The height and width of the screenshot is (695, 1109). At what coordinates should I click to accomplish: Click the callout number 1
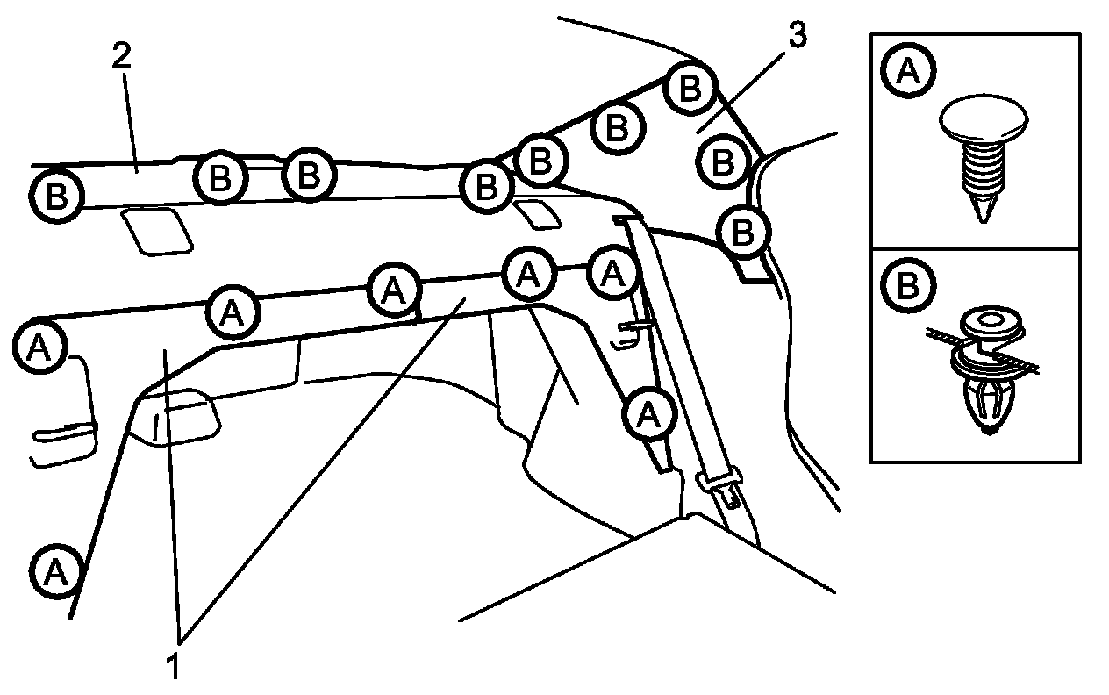(175, 664)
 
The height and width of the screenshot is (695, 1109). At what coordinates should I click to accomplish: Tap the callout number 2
(122, 55)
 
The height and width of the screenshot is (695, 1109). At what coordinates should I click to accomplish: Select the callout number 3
(798, 35)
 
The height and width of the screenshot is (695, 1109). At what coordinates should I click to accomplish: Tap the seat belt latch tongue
(719, 484)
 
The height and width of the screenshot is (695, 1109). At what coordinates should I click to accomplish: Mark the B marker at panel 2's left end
(56, 194)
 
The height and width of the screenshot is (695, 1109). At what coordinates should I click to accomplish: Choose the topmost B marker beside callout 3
(690, 88)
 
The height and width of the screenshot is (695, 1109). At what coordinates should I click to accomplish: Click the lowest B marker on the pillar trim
(743, 233)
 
